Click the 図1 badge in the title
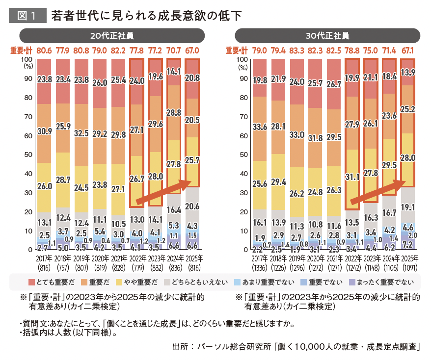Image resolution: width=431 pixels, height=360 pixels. tap(27, 15)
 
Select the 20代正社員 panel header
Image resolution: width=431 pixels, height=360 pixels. tap(112, 36)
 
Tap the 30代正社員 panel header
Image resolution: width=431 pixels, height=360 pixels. tap(327, 36)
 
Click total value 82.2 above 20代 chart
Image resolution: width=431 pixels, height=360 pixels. tap(119, 50)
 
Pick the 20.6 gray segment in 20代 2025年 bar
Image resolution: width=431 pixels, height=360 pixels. tap(192, 206)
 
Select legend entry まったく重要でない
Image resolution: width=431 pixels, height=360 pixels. tap(388, 282)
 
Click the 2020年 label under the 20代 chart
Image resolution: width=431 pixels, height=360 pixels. tap(100, 258)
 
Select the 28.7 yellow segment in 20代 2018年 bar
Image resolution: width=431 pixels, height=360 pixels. tap(63, 180)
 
